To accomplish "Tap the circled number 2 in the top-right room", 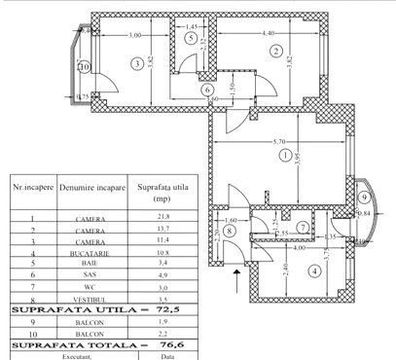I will [276, 51].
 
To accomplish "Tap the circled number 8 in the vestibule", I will [230, 231].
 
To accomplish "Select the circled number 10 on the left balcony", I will [85, 67].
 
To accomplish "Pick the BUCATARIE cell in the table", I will [90, 253].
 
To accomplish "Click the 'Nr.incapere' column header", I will [32, 183].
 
